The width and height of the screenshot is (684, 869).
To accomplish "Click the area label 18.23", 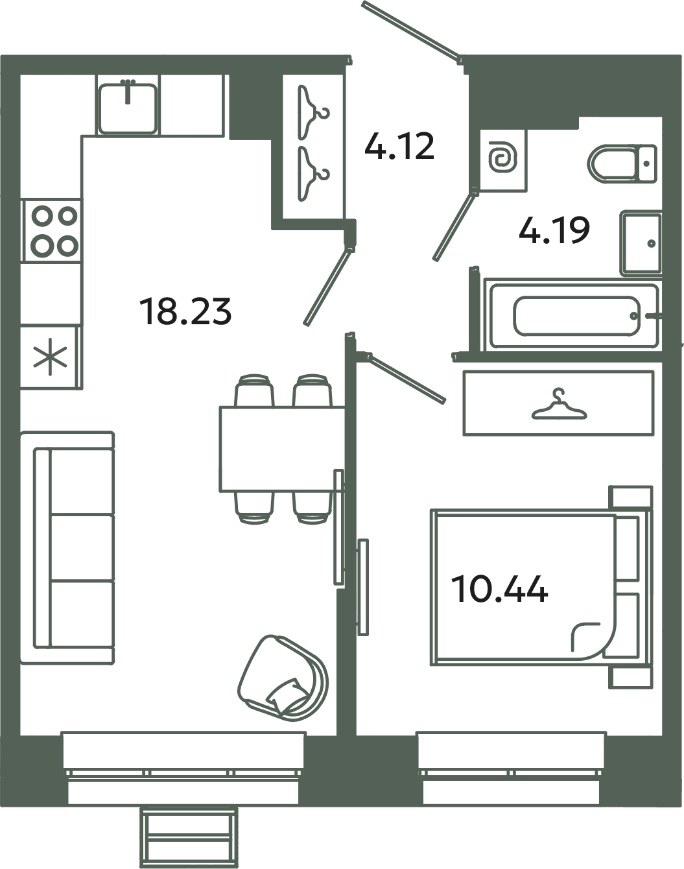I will point(185,311).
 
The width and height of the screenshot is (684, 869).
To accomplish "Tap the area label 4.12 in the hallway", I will point(399,146).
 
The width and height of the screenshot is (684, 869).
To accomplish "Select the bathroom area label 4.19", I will point(554,230).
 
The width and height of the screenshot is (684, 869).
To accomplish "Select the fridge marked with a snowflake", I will point(51,358).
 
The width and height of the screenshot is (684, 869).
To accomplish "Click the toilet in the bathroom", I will point(621,162).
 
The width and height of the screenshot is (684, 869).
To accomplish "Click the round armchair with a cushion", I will point(283,678).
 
